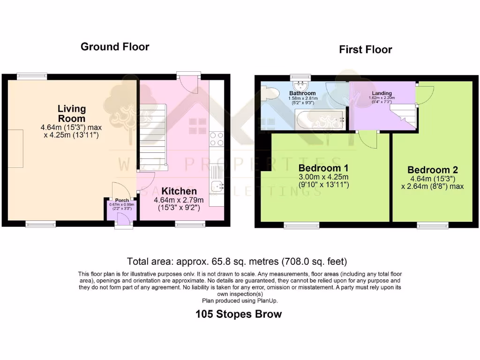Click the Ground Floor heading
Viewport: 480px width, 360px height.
click(x=115, y=47)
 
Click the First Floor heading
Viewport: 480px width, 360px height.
click(x=366, y=50)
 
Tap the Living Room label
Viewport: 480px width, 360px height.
click(x=72, y=113)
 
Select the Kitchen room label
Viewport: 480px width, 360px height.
click(x=179, y=191)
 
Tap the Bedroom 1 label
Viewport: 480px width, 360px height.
click(x=323, y=168)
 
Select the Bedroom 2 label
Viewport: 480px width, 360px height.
click(x=433, y=170)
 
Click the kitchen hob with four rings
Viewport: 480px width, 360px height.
click(x=217, y=139)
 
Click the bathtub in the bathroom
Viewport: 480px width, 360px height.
click(x=321, y=120)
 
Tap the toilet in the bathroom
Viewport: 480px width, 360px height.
click(x=268, y=93)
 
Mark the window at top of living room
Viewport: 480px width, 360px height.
click(x=32, y=75)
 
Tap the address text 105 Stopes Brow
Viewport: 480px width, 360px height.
click(x=239, y=314)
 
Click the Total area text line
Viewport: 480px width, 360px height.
click(x=237, y=261)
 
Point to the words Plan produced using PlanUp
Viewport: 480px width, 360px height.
click(x=240, y=300)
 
